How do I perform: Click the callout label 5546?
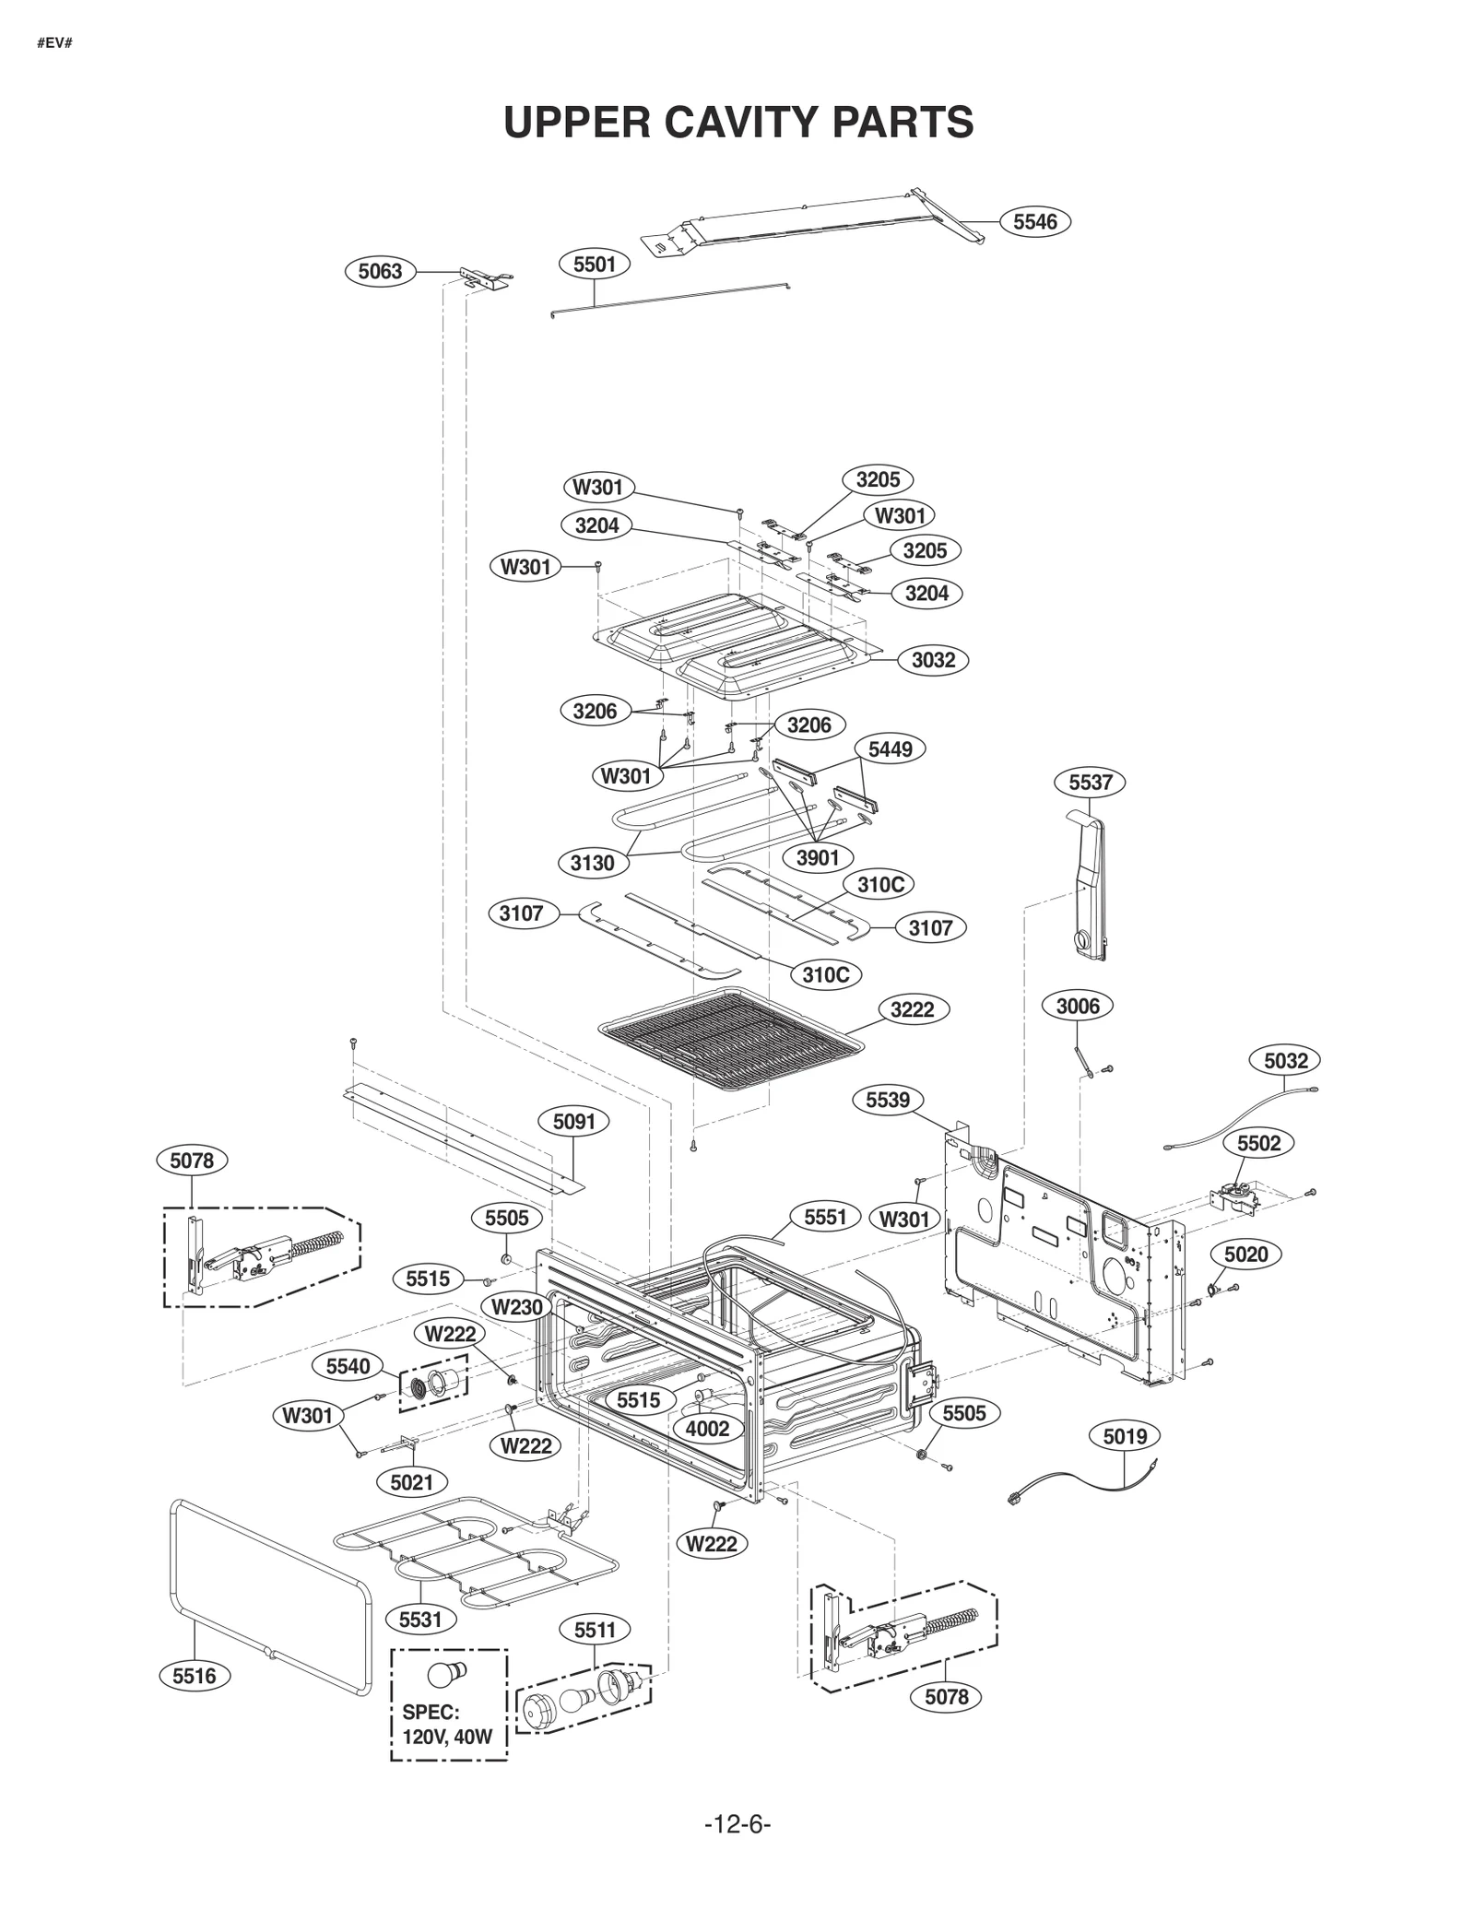(1034, 221)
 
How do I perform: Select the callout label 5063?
(380, 271)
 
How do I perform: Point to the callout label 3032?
(933, 660)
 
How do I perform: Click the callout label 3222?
(912, 1009)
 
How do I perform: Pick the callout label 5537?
(1091, 783)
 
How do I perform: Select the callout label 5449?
(890, 749)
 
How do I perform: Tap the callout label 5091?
(573, 1122)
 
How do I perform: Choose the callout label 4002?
(707, 1429)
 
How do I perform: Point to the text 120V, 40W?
(447, 1738)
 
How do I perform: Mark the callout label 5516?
(194, 1676)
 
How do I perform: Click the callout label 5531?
(420, 1620)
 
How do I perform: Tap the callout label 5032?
(1285, 1061)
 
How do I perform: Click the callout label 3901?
(818, 858)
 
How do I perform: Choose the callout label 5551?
(825, 1218)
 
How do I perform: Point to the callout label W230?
(516, 1306)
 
